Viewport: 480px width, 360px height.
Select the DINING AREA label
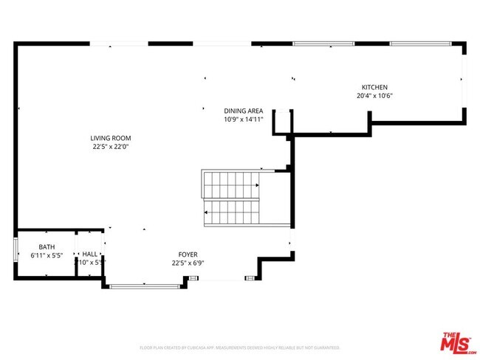(x=244, y=111)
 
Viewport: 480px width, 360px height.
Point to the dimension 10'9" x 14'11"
(x=244, y=119)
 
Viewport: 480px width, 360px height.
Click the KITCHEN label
(x=374, y=87)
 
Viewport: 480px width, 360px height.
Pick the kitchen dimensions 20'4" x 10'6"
(x=374, y=95)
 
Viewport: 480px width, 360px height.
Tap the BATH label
(x=47, y=247)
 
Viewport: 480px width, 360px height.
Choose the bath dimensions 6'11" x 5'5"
(x=47, y=255)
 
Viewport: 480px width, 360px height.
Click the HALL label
(x=90, y=254)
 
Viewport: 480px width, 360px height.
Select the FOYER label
(x=188, y=254)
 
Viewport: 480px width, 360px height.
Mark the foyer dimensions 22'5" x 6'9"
(x=188, y=263)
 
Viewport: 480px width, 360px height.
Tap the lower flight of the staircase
(x=232, y=213)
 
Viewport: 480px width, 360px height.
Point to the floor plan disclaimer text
(x=239, y=347)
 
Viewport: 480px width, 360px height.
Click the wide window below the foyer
(x=145, y=285)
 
